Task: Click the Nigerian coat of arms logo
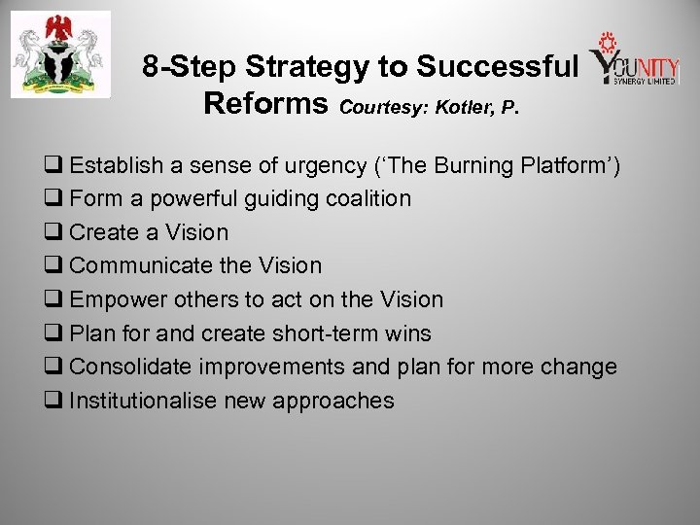(x=60, y=54)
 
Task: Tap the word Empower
(x=115, y=300)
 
